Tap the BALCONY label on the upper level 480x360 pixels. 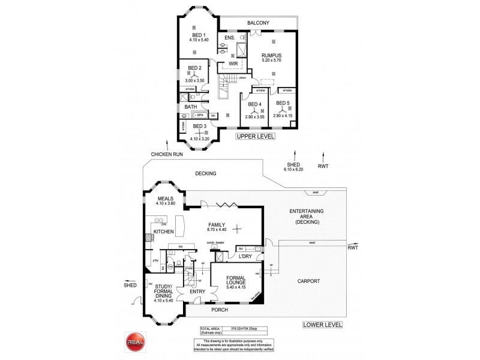(258, 23)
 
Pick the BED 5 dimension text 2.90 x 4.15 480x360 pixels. (283, 116)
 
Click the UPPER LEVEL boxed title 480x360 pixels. (255, 137)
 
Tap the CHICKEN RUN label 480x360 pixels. (167, 154)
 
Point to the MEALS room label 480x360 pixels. (165, 198)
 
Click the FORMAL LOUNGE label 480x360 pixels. (234, 283)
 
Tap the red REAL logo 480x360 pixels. (133, 340)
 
